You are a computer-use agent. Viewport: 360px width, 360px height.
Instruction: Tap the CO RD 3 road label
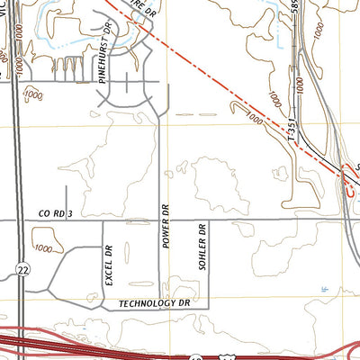(55, 214)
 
